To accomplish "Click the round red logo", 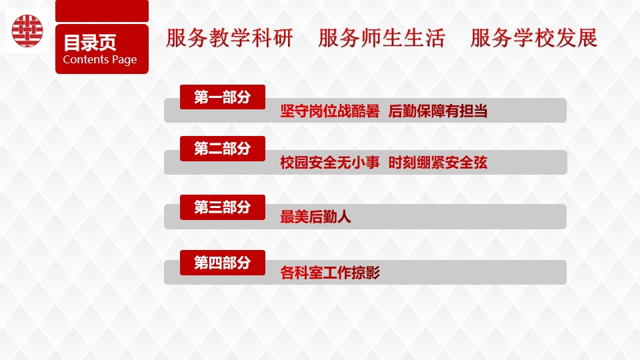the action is coord(27,31).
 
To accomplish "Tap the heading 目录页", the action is coord(90,43).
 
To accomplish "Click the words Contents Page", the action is coord(99,59).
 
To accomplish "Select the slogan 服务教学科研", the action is coord(229,38).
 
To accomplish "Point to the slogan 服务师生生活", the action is coord(381,38).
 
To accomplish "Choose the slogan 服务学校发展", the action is coord(534,38).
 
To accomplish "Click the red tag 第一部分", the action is coord(223,97).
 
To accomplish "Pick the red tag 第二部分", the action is coord(223,149).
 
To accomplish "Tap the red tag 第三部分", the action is coord(223,207).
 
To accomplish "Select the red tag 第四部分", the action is coord(223,263).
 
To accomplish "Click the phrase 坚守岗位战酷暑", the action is coord(330,111).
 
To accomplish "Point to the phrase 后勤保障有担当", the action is coord(437,111).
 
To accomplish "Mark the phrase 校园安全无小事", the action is coord(330,163).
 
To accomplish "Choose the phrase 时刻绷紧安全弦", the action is coord(437,163).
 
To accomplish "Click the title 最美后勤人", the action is coord(315,217).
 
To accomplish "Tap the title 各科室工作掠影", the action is coord(330,272).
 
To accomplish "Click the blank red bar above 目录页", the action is coord(102,11).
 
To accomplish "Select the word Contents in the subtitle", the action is coord(86,59).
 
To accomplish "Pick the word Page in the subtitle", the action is coord(125,60).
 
